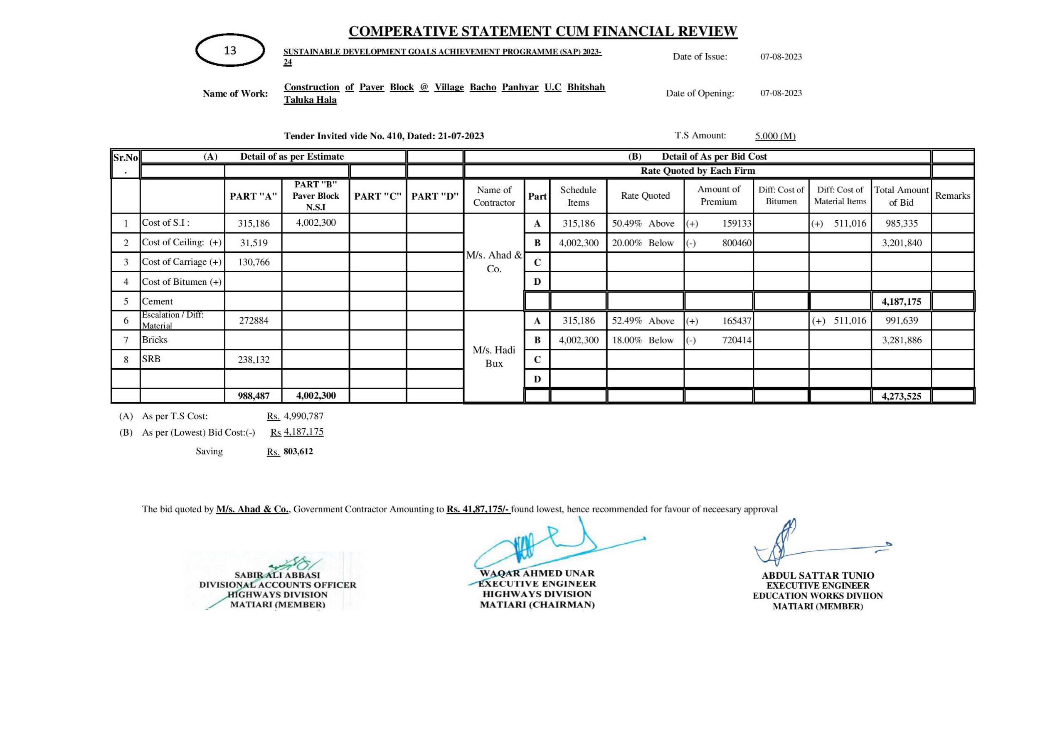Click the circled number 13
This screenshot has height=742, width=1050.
(230, 50)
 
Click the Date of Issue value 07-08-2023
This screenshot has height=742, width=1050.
(781, 57)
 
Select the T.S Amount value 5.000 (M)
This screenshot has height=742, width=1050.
(775, 136)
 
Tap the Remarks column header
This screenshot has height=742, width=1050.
(953, 196)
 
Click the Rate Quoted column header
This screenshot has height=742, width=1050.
(645, 196)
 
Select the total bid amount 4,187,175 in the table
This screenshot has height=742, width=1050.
(901, 301)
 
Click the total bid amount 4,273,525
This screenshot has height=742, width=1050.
(901, 396)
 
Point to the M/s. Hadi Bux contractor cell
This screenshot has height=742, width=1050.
(494, 356)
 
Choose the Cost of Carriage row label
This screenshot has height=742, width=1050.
(182, 262)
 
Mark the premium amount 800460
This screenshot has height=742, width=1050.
(736, 243)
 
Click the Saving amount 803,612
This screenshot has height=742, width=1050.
(298, 451)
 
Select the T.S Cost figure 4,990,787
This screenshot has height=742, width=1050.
(304, 416)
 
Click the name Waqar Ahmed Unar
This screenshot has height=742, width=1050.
(537, 573)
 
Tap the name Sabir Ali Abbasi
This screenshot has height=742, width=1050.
(277, 575)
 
